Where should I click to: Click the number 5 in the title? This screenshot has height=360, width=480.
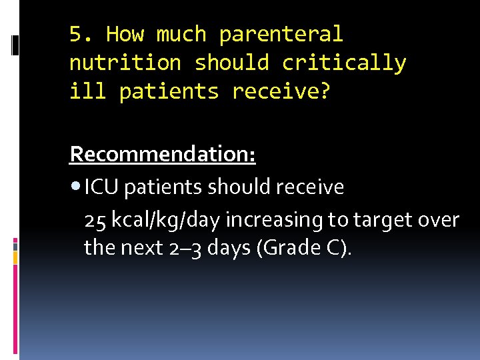click(x=76, y=34)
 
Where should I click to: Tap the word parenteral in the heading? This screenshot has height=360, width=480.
click(x=281, y=34)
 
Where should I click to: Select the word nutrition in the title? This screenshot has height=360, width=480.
click(x=125, y=63)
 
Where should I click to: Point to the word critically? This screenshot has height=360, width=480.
click(x=344, y=63)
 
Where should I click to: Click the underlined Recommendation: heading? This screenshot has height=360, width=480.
click(x=163, y=155)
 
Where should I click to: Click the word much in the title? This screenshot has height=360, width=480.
click(x=181, y=34)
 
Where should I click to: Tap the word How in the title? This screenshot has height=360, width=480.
click(x=125, y=34)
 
